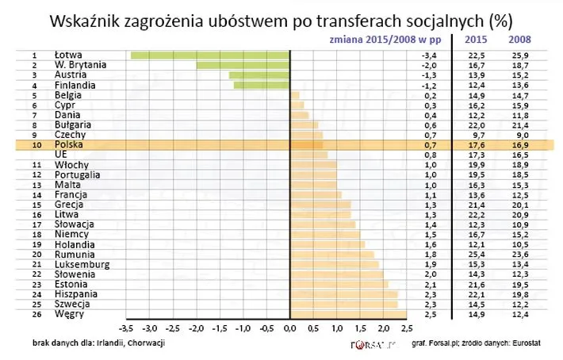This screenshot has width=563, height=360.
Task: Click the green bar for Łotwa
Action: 210,56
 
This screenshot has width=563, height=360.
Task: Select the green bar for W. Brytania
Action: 243,65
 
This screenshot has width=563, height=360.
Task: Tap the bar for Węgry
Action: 348,314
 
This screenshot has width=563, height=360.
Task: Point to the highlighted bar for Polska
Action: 307,145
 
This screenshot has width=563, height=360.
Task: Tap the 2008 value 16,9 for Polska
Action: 519,145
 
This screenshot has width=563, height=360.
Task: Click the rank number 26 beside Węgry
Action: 35,314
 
